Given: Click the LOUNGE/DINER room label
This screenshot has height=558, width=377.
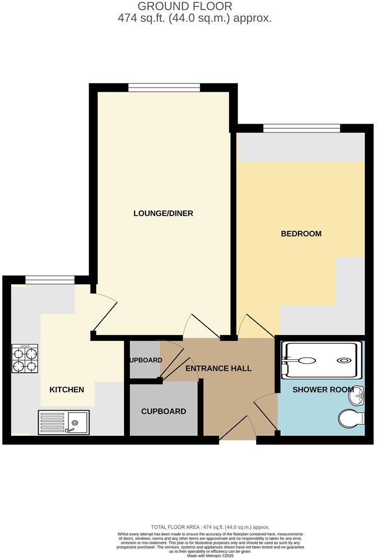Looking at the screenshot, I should tap(163, 213).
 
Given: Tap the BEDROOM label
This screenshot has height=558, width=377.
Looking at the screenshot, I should tap(301, 233).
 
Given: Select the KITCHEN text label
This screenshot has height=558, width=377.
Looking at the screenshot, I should tap(66, 390).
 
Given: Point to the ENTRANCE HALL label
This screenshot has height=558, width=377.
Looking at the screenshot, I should tap(218, 369).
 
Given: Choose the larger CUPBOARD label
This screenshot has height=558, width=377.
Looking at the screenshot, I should tap(163, 411).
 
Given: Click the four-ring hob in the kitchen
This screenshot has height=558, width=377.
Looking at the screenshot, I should tap(25, 359).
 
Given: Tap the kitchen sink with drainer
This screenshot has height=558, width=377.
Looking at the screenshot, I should tap(63, 422).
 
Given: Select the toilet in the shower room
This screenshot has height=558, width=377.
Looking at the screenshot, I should tap(351, 419).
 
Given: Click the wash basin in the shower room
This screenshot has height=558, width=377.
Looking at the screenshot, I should tap(358, 397).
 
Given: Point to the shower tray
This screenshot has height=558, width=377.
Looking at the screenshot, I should tap(321, 360).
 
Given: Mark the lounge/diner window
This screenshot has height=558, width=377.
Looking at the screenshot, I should tap(164, 88).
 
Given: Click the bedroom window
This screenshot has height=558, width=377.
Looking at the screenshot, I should tap(302, 128).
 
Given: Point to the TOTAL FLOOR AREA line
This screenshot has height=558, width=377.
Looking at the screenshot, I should tap(210, 527).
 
